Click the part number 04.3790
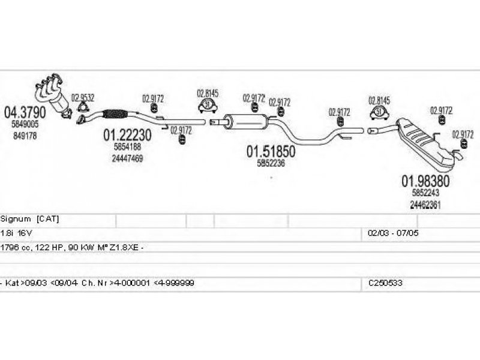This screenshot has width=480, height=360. (25, 112)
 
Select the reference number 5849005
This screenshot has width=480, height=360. (24, 124)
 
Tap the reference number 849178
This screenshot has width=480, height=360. (24, 136)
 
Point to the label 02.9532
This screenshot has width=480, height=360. (83, 97)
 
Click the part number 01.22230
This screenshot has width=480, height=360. (127, 136)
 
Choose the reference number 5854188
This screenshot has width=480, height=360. (127, 147)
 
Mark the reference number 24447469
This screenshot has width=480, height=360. (127, 158)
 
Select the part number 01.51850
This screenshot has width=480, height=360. (271, 152)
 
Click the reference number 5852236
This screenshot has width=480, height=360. (271, 163)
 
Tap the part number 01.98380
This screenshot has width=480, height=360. (425, 181)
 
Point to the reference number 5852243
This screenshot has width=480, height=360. (425, 193)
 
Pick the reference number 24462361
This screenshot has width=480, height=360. (425, 204)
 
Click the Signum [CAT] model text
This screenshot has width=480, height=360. (30, 218)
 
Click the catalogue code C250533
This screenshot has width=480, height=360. (386, 282)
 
